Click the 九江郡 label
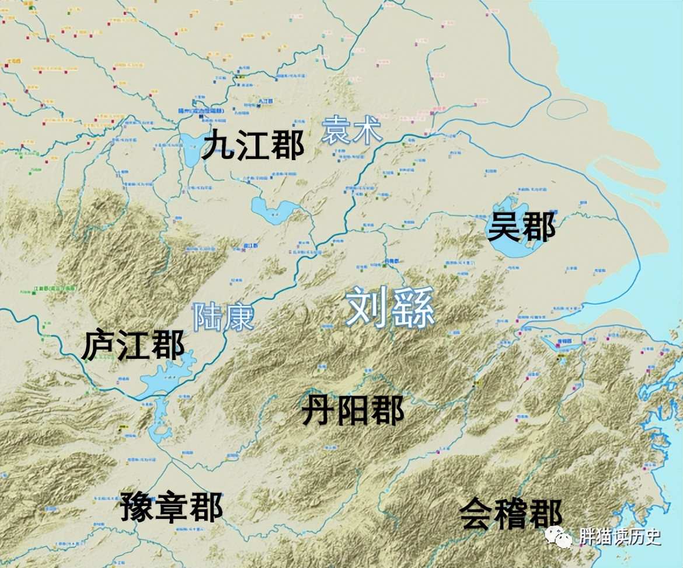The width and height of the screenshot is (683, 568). pos(253,146)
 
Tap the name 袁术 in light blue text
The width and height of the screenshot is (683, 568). pos(352,130)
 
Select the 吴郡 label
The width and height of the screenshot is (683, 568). pos(521,227)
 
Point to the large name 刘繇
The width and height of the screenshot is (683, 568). pos(390,307)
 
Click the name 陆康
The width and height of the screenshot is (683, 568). pos(224,317)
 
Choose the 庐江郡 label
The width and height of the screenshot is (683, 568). pos(133,345)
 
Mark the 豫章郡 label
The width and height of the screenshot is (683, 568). pos(172,506)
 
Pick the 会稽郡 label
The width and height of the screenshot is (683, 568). pos(511,514)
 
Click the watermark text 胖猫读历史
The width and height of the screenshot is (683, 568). pos(620,536)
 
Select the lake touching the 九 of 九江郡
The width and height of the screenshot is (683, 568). pos(190,151)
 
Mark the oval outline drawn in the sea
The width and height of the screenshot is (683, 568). pos(567,109)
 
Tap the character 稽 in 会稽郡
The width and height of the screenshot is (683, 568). pos(511,514)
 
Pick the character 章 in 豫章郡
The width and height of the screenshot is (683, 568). pos(172,506)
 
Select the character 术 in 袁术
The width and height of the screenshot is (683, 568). pos(367,130)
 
